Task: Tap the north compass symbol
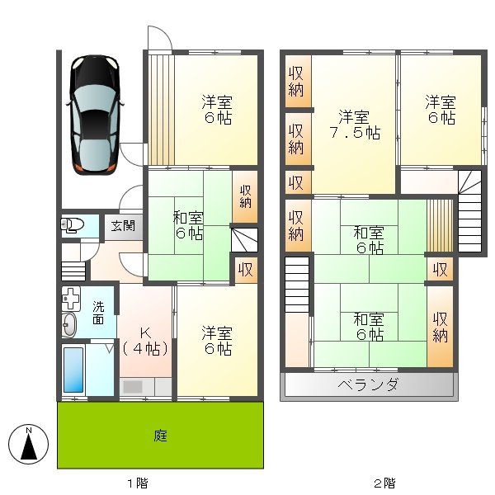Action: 29,445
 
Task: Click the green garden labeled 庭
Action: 160,435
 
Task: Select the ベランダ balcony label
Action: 368,385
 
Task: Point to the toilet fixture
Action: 72,225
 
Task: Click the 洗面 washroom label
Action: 98,313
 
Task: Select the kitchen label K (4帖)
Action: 145,340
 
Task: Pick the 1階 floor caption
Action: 137,483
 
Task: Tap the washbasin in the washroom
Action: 69,324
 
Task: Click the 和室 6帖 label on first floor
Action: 188,225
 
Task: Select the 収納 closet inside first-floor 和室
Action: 246,196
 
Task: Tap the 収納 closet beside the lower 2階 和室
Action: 441,327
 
